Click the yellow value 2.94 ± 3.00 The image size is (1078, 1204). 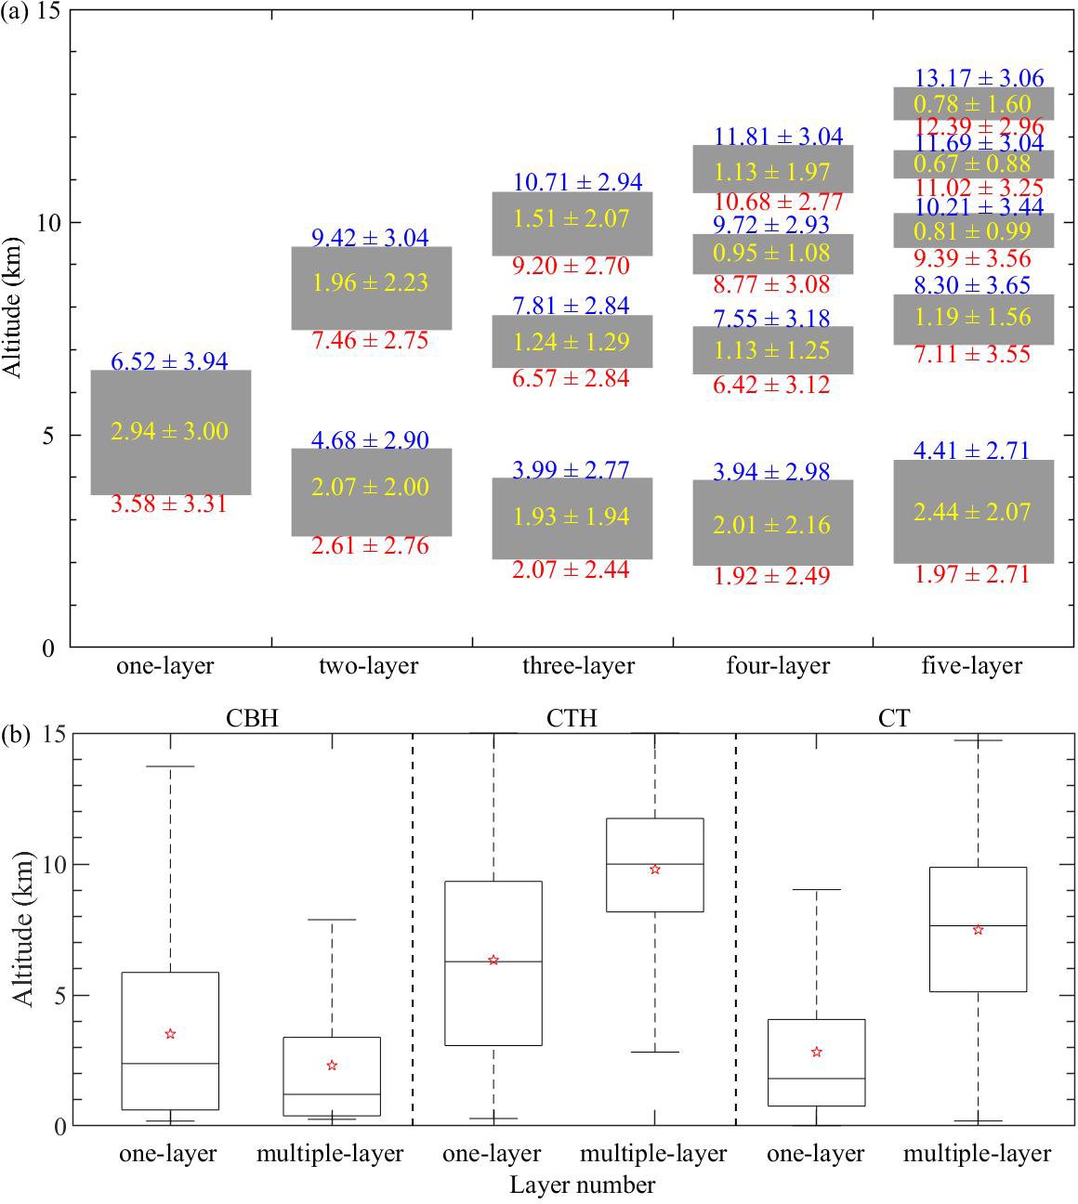(x=169, y=431)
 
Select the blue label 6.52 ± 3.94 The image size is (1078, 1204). (x=169, y=361)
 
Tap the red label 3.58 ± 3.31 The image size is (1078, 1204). (x=169, y=504)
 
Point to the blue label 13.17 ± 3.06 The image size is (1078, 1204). (x=979, y=78)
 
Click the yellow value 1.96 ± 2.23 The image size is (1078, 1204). (x=370, y=282)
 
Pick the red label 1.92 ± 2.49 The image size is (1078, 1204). (x=771, y=576)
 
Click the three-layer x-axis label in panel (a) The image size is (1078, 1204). (x=578, y=666)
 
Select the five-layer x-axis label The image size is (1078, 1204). (x=971, y=666)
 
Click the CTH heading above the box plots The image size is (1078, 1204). (x=572, y=718)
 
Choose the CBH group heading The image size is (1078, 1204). (x=252, y=718)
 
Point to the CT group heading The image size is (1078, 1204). (x=893, y=718)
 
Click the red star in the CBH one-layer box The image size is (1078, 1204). (x=170, y=1034)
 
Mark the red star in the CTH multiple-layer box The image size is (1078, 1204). (x=655, y=870)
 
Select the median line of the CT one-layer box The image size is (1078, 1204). (x=817, y=1079)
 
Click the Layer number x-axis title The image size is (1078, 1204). (x=582, y=1185)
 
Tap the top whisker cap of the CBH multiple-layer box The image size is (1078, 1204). (x=332, y=920)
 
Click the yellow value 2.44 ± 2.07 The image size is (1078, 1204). (x=972, y=512)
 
